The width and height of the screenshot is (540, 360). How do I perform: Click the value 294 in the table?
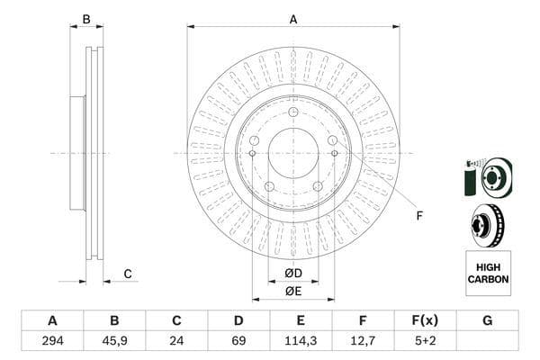(52, 341)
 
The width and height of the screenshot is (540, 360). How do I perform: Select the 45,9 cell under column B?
(114, 341)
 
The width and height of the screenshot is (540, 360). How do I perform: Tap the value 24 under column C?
(176, 341)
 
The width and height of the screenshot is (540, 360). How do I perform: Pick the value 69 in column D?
(238, 341)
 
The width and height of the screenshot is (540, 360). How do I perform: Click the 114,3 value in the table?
(301, 341)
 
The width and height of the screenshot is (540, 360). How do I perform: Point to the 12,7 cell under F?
(363, 341)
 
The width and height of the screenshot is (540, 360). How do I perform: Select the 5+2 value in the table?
(425, 341)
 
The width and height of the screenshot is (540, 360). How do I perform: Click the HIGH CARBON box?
(488, 274)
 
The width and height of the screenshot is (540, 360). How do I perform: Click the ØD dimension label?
(292, 273)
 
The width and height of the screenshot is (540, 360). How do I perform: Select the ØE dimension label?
(292, 291)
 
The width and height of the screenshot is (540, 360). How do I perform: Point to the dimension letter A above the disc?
(293, 19)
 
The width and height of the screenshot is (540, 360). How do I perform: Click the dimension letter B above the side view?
(86, 19)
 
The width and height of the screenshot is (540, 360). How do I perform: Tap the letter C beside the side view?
(127, 274)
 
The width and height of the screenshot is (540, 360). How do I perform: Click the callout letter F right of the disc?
(418, 215)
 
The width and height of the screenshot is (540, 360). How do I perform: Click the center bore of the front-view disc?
(292, 153)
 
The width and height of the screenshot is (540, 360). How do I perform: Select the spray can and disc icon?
(487, 177)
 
